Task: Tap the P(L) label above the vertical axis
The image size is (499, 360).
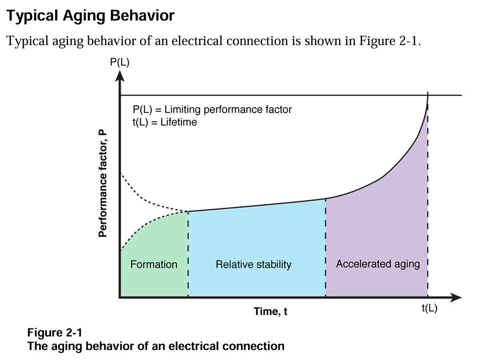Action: click(120, 62)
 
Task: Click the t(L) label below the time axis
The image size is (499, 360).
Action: click(430, 308)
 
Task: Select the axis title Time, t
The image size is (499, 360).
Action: click(270, 311)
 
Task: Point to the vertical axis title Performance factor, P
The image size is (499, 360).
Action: click(103, 183)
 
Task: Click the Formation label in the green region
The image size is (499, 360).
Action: click(154, 264)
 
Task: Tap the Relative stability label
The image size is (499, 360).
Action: click(254, 264)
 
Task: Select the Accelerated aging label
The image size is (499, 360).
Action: click(378, 264)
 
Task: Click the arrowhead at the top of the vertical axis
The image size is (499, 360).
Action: click(120, 76)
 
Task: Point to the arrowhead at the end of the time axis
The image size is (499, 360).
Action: click(456, 297)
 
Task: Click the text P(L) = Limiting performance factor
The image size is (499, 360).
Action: click(212, 109)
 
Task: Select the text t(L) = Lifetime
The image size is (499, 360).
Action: click(165, 122)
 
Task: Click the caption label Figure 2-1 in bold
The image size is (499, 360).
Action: click(55, 332)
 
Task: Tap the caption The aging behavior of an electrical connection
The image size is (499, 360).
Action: click(156, 346)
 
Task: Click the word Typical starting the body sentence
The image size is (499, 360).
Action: click(28, 42)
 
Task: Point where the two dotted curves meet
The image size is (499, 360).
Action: click(188, 211)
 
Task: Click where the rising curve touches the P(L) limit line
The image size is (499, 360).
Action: click(428, 95)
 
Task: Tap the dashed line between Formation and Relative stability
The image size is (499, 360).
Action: click(188, 254)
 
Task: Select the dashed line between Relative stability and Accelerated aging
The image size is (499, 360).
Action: click(326, 248)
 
